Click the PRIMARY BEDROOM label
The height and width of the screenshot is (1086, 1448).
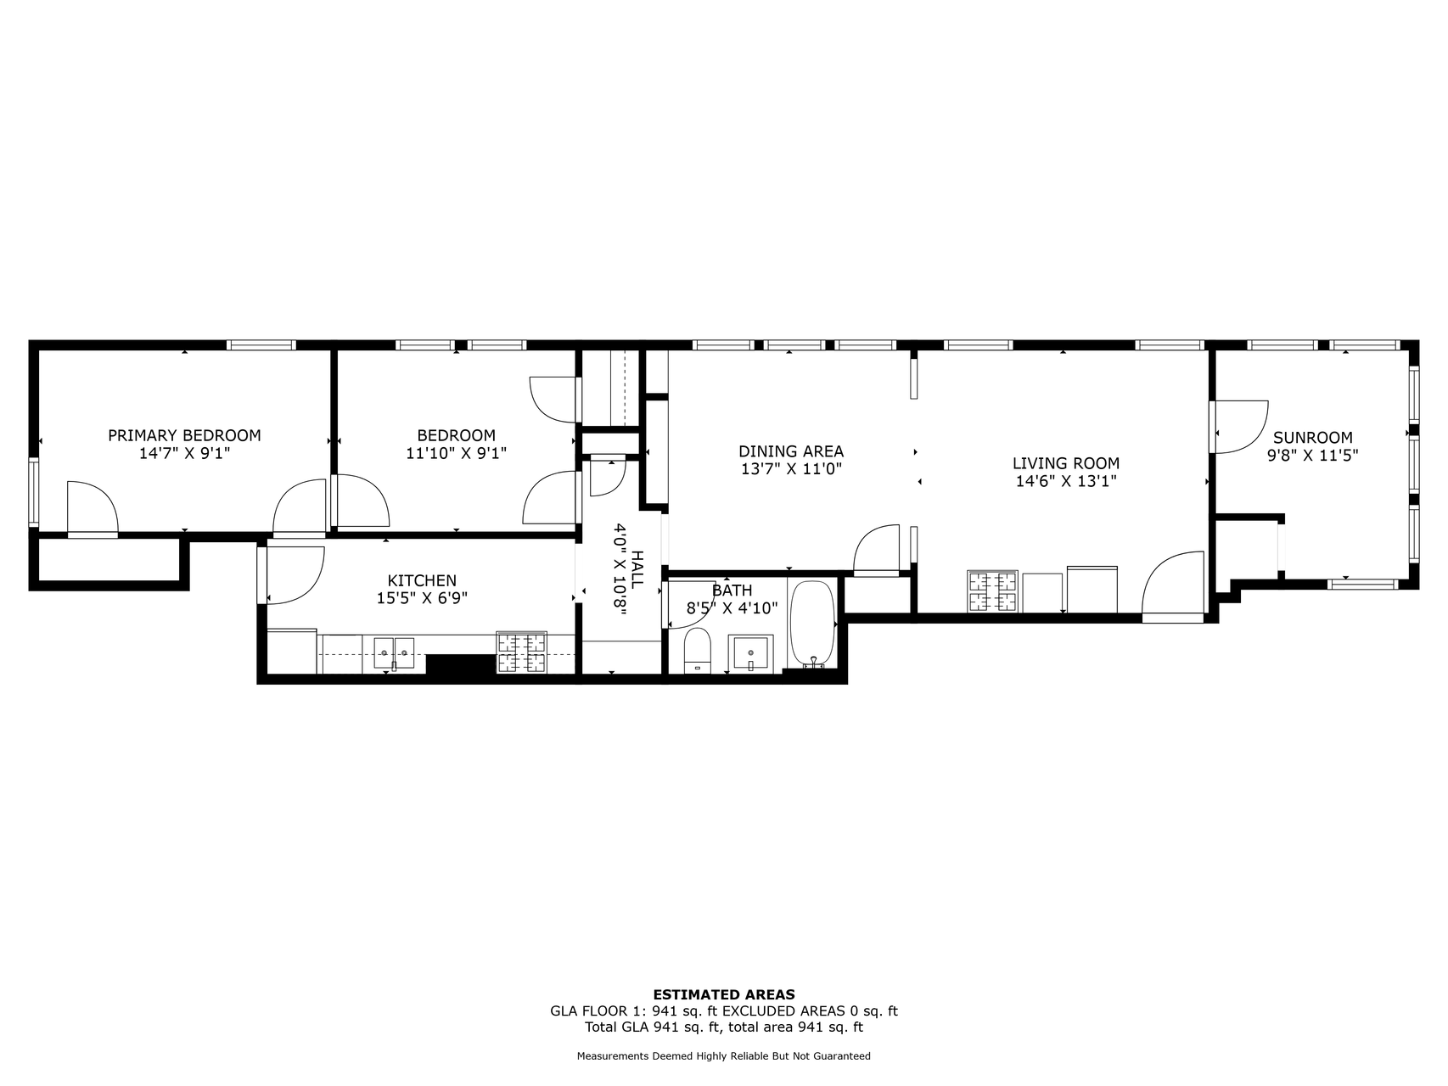pos(184,435)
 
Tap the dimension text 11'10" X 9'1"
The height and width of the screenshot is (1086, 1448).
pos(456,453)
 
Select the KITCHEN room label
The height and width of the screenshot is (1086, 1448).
pos(422,580)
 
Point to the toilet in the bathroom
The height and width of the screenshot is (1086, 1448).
pos(697,650)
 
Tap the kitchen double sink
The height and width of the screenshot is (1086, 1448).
pos(394,653)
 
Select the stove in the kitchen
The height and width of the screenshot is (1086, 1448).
pos(522,652)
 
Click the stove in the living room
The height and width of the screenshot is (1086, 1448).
pos(991,592)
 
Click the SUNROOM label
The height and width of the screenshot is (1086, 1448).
pos(1312,438)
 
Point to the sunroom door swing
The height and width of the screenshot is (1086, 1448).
pos(1239,426)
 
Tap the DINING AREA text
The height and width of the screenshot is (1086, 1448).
pos(791,451)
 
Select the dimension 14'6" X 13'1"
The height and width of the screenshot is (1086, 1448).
pos(1066,481)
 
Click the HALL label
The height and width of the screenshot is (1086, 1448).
pos(637,569)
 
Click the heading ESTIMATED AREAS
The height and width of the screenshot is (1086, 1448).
pos(723,994)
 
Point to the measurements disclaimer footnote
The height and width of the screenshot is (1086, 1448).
pos(723,1056)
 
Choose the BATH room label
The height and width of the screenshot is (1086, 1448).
pos(732,591)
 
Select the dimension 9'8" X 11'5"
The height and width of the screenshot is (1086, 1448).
pos(1312,455)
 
